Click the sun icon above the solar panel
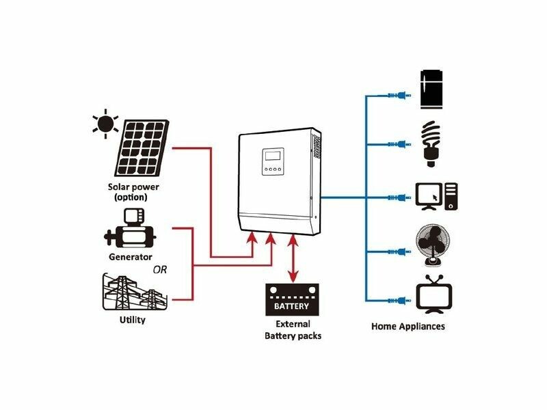pyautogui.click(x=105, y=124)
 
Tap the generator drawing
pyautogui.click(x=130, y=229)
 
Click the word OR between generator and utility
pyautogui.click(x=159, y=269)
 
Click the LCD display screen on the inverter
pyautogui.click(x=272, y=156)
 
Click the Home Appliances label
pyautogui.click(x=408, y=326)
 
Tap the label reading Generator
pyautogui.click(x=130, y=257)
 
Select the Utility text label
pyautogui.click(x=132, y=320)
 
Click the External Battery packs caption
pyautogui.click(x=293, y=330)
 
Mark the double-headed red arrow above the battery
pyautogui.click(x=293, y=258)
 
